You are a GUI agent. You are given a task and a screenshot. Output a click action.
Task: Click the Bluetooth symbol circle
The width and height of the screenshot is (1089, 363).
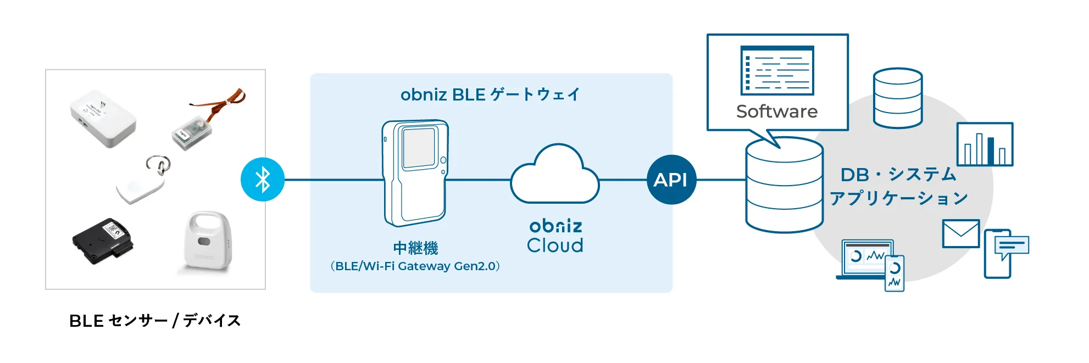(263, 180)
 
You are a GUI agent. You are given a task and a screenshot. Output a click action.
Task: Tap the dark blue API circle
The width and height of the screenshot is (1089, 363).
(671, 180)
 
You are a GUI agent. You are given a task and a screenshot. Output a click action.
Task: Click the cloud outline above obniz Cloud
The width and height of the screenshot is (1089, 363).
(555, 176)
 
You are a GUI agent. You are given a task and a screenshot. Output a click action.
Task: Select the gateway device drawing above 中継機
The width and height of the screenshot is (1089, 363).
(415, 173)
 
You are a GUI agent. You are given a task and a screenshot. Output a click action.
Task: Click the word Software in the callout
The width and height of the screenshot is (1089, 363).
(777, 111)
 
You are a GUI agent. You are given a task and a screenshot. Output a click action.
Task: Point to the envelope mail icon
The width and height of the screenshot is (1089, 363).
(961, 234)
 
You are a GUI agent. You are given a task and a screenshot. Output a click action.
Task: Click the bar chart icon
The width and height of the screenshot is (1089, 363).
(985, 144)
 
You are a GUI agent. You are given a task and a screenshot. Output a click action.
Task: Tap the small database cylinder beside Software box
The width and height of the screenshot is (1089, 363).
(898, 98)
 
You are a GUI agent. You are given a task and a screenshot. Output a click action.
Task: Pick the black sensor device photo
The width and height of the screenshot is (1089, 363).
(103, 241)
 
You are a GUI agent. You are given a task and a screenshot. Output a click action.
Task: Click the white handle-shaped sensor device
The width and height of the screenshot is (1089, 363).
(205, 242)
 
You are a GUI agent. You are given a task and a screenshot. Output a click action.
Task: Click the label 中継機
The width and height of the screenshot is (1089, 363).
(415, 248)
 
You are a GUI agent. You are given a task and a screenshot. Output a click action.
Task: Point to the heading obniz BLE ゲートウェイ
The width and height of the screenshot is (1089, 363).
(490, 94)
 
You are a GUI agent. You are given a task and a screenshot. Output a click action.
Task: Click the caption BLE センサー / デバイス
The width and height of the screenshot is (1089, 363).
(155, 321)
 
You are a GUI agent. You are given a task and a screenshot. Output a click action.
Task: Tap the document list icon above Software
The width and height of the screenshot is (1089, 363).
(777, 71)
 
